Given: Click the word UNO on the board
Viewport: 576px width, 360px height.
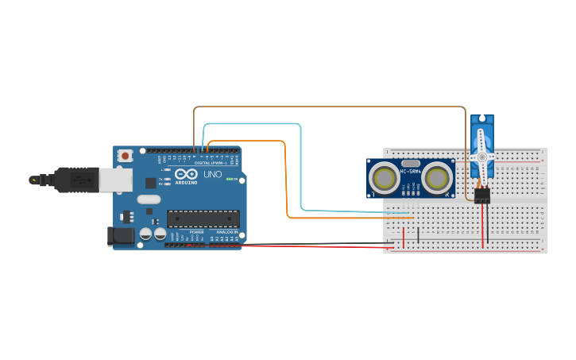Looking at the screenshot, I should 213,175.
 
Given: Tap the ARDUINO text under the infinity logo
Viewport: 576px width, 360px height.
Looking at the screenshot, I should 186,182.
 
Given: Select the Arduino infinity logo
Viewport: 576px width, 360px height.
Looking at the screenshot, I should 186,174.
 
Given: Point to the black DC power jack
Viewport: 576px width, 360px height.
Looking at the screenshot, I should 118,235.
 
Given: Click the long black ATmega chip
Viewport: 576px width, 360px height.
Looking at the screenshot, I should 203,219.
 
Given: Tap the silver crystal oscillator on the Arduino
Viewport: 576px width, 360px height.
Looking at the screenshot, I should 149,199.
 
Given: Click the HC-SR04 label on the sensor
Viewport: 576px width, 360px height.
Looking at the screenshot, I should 410,171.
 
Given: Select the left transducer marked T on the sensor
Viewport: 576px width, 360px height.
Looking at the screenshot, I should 385,178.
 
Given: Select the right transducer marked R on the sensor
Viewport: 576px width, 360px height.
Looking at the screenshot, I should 436,178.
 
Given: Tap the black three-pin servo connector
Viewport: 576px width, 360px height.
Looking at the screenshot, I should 482,195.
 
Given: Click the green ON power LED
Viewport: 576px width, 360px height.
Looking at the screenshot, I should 229,180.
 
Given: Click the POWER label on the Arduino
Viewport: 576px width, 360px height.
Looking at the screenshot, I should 196,232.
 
